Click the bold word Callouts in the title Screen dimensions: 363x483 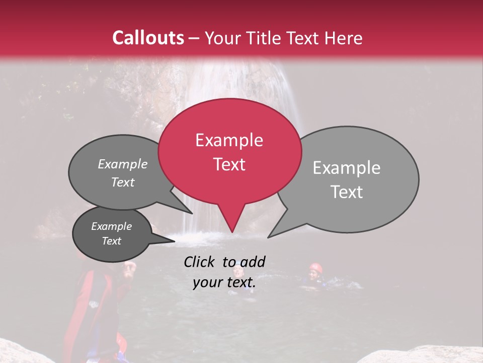pyautogui.click(x=148, y=38)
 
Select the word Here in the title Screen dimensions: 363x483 pyautogui.click(x=344, y=38)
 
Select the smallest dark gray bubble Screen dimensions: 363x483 pyautogui.click(x=112, y=234)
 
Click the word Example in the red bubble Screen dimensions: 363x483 pyautogui.click(x=229, y=140)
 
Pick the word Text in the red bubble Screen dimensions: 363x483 pyautogui.click(x=229, y=164)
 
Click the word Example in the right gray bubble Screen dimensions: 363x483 pyautogui.click(x=347, y=168)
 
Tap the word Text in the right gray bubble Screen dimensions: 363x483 pyautogui.click(x=347, y=192)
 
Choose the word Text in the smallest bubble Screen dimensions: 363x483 pyautogui.click(x=112, y=241)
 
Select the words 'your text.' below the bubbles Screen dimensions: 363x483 pyautogui.click(x=224, y=283)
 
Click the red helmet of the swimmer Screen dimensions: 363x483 pyautogui.click(x=315, y=267)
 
